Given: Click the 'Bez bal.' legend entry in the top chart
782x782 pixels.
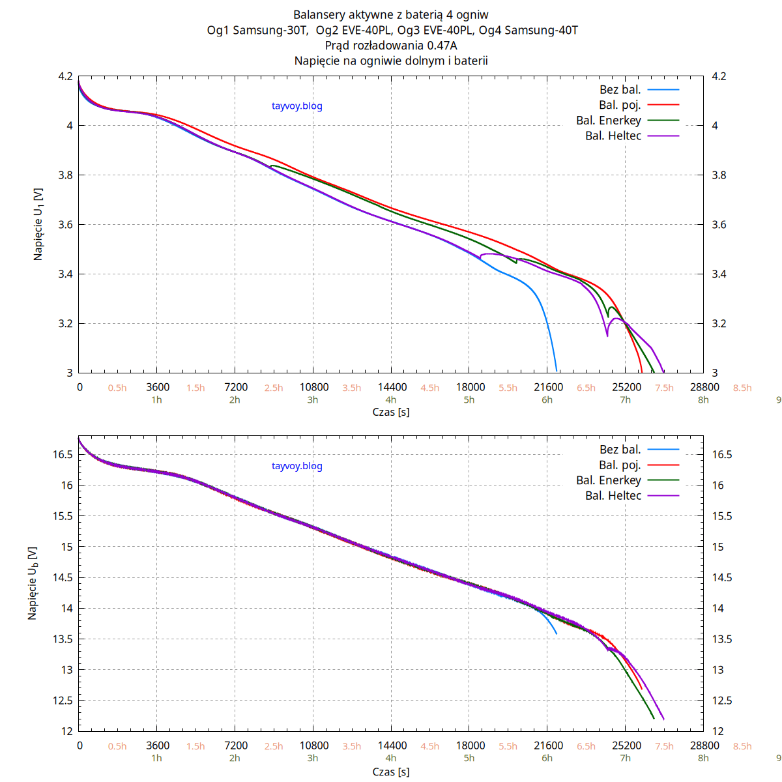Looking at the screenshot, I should (x=620, y=90).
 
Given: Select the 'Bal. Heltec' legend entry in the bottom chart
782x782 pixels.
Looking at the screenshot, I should (x=613, y=496).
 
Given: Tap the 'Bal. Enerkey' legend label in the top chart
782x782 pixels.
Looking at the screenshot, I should (x=609, y=121).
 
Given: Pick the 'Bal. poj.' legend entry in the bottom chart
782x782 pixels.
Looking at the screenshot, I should (x=620, y=465).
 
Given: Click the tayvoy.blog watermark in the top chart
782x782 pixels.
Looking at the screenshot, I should (x=297, y=106).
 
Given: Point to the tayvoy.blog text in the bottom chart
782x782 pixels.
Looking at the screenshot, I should (x=297, y=466).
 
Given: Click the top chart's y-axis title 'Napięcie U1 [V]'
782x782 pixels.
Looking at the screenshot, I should (x=38, y=225).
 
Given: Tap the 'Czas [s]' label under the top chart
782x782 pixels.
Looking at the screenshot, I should (x=391, y=412).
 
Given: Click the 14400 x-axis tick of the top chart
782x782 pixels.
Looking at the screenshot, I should (x=392, y=387).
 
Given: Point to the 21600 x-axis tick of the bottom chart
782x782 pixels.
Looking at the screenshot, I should (x=549, y=746).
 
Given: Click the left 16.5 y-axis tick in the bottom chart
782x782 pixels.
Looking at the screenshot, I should (x=63, y=455).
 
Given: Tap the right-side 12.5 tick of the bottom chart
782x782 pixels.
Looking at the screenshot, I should (x=721, y=701).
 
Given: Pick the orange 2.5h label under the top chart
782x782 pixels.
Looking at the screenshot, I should (x=274, y=388).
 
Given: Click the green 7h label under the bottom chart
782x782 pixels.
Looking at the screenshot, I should (x=626, y=758).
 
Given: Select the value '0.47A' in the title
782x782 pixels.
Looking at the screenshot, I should (x=442, y=45).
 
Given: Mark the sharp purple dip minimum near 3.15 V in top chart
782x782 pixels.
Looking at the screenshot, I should (x=607, y=336).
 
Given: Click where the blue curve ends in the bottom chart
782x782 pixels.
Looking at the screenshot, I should (x=557, y=633).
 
